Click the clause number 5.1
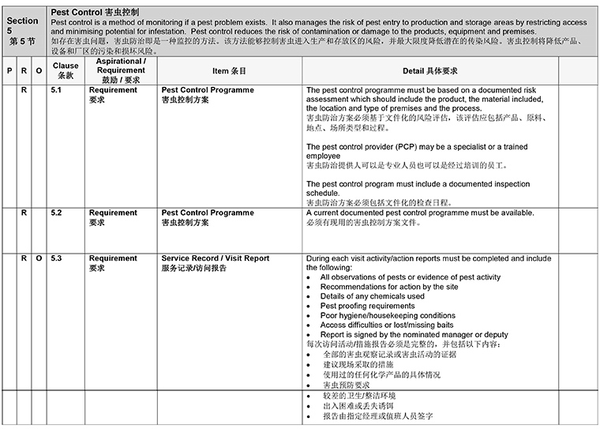[56, 90]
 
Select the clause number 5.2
[56, 213]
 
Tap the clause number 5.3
[56, 258]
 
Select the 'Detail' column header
[430, 71]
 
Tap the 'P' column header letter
[9, 71]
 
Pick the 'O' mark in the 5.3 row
[39, 258]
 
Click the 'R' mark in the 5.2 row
[24, 213]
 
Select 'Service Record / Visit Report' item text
[215, 258]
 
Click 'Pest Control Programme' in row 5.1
[208, 90]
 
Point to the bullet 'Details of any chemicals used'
[373, 296]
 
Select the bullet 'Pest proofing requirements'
[367, 306]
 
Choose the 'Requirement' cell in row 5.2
[113, 213]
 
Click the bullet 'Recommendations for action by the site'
[390, 287]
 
